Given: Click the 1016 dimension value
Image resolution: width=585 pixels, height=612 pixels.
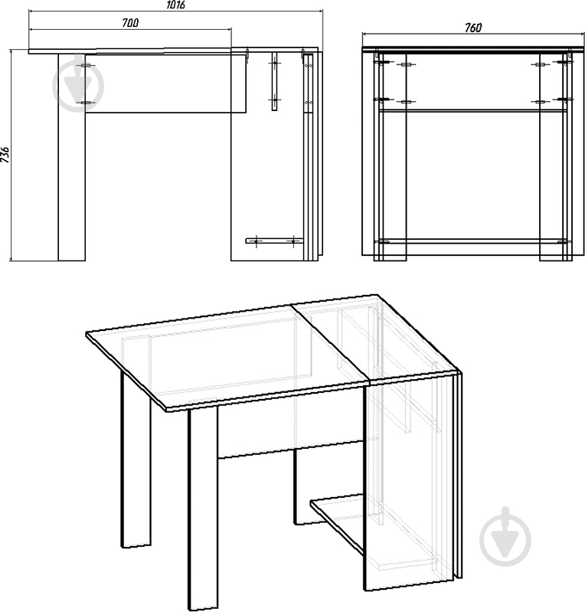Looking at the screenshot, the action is click(175, 5).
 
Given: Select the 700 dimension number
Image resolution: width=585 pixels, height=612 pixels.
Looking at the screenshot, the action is click(130, 23).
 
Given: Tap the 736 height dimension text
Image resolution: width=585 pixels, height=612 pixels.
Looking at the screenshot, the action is click(5, 155).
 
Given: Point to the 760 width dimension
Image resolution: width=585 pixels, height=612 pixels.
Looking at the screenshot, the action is click(473, 28).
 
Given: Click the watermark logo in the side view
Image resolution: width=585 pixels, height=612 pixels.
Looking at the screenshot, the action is click(78, 85).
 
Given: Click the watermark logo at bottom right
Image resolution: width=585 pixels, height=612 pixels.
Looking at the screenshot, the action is click(505, 538).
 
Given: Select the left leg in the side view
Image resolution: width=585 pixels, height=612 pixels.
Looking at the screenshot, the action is click(72, 157).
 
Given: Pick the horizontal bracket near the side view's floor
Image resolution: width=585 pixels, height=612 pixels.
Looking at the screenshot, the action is click(274, 241).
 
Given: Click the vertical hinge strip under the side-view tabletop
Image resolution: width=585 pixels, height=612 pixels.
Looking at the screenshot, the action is click(274, 81).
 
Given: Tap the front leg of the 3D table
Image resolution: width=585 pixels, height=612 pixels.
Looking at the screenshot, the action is click(203, 507).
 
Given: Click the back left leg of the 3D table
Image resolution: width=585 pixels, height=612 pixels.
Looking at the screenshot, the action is click(136, 460).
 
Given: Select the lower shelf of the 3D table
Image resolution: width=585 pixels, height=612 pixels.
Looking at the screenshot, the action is click(338, 522).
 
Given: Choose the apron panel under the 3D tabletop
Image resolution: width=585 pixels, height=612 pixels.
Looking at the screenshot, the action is click(291, 430).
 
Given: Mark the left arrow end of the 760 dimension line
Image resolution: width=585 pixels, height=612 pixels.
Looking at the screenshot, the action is click(363, 34).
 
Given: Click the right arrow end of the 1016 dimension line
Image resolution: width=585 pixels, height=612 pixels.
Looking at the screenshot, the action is click(322, 11).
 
